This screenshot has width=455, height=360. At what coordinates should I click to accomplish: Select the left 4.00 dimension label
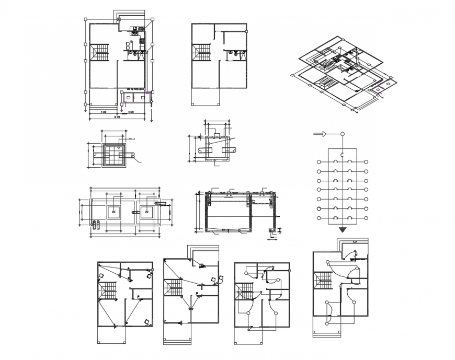point(104,112)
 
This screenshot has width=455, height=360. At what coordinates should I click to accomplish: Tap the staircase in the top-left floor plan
point(101,52)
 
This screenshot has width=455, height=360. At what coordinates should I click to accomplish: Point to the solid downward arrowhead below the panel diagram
point(343,229)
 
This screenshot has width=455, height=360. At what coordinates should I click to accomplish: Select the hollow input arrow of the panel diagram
point(324,135)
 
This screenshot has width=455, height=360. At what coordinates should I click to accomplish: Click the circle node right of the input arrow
point(343,135)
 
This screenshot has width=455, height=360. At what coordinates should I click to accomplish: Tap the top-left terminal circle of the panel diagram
point(318,162)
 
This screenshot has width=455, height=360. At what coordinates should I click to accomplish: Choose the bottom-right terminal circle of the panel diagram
point(367,218)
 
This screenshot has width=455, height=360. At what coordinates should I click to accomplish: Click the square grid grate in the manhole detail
point(111,155)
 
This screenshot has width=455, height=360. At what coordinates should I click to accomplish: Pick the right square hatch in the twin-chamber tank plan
point(147,212)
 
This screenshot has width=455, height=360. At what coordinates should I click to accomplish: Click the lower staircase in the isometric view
point(325,83)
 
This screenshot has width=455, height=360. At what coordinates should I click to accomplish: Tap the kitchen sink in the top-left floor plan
point(141,29)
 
